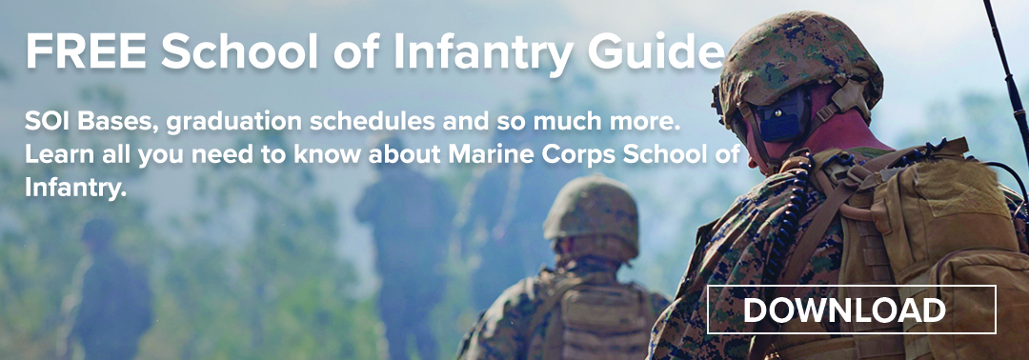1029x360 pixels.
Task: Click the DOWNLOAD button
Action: point(851,309)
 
